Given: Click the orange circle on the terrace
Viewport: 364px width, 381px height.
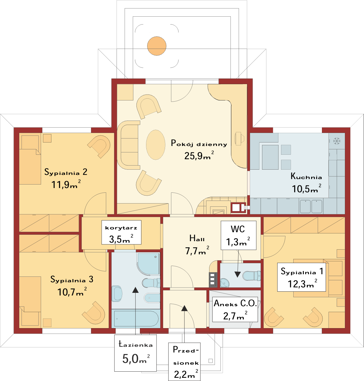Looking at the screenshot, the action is [157, 46].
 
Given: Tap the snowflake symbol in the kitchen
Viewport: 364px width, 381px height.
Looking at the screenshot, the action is [337, 141].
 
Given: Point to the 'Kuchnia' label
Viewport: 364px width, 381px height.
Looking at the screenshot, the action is [306, 176].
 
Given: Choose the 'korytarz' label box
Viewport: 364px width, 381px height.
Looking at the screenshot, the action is [121, 232].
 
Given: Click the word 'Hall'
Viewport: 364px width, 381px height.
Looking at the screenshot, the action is [197, 238].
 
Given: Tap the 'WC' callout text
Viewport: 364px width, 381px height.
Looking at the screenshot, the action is [238, 229].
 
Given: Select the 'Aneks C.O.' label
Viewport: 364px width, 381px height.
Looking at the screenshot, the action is [235, 303].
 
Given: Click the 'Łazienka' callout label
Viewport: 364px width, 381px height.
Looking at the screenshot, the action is [136, 344].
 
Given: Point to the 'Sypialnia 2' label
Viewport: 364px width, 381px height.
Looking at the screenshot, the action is [66, 172].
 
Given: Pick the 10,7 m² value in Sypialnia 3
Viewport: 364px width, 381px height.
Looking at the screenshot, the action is [72, 292].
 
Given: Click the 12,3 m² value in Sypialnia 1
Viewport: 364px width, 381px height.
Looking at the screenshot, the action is [302, 283].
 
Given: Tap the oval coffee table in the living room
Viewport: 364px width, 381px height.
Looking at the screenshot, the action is [155, 145].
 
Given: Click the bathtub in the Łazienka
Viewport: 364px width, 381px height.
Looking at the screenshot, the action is [136, 319].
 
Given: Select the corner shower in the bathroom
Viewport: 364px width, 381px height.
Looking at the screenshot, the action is [148, 264].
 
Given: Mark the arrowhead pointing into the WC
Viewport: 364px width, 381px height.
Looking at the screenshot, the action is [238, 274].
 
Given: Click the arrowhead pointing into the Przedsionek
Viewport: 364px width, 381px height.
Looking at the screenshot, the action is [184, 308].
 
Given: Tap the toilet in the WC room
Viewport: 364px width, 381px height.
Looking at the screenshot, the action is [252, 276].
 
